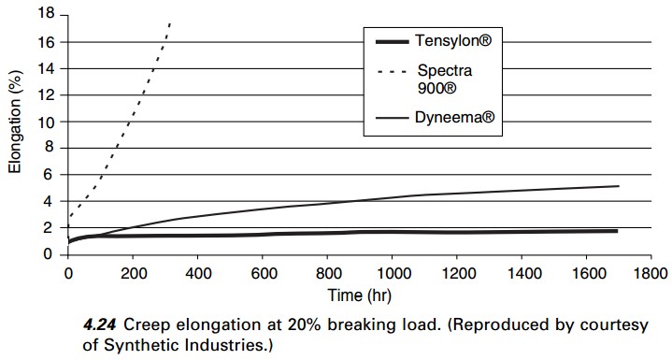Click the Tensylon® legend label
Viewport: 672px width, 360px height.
click(453, 41)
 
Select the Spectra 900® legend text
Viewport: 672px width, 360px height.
click(445, 79)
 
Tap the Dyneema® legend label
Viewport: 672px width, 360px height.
click(455, 117)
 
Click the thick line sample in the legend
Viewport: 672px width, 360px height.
click(392, 41)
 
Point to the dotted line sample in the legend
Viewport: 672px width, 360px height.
click(392, 72)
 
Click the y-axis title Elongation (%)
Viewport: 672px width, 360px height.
click(15, 122)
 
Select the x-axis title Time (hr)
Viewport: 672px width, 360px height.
click(360, 295)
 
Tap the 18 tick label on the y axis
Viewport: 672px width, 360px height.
click(47, 14)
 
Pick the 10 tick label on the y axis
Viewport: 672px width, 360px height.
click(47, 122)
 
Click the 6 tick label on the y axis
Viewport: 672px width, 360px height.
click(51, 175)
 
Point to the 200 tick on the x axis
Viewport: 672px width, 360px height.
click(133, 273)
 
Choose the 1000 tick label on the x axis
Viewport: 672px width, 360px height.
click(393, 273)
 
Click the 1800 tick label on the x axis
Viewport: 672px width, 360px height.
click(651, 273)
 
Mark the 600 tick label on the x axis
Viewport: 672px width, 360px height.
click(263, 273)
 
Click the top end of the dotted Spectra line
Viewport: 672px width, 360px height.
click(170, 22)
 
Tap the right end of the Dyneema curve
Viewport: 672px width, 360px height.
click(619, 186)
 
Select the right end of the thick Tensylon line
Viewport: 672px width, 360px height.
click(617, 231)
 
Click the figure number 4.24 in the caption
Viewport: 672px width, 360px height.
click(99, 325)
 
